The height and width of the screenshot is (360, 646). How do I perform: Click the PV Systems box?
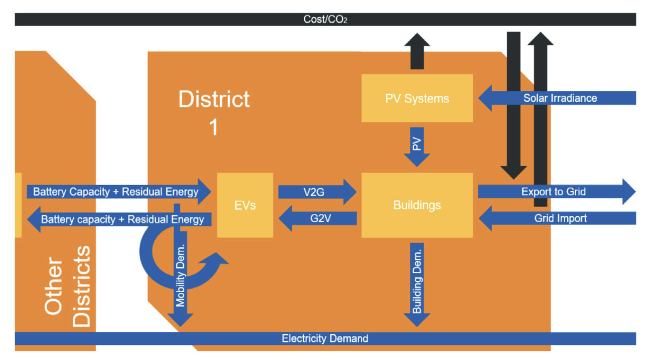pos(417,98)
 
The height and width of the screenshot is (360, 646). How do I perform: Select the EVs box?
pos(245,205)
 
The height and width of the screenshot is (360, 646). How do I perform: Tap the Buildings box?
pos(417,205)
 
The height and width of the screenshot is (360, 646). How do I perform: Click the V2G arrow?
pos(317,192)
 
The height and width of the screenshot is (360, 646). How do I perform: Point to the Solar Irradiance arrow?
pos(559,98)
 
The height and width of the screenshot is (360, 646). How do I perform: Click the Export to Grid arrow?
pos(555,192)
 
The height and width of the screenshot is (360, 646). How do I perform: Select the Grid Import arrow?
pos(559,218)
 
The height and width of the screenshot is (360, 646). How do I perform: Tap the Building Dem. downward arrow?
pos(417,283)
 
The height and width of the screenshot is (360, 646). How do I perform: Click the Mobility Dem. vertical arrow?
pos(180,276)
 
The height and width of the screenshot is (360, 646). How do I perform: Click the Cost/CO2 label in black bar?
pos(325,19)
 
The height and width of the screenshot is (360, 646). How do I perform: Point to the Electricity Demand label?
pos(325,338)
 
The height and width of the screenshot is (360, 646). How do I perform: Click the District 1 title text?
pos(214,112)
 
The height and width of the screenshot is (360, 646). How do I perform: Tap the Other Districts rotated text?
pos(67,287)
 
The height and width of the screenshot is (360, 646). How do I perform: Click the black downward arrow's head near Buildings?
pos(513,171)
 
